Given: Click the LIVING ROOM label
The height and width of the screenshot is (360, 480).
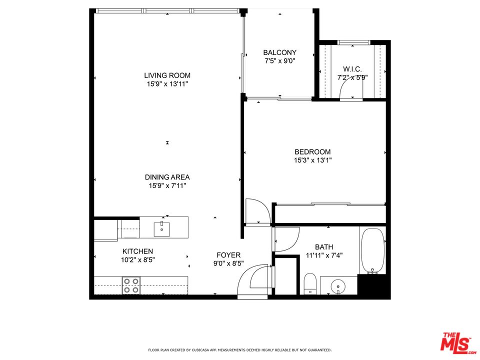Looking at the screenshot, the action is pyautogui.click(x=167, y=75).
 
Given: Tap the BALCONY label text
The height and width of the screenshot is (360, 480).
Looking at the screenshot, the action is pyautogui.click(x=280, y=52).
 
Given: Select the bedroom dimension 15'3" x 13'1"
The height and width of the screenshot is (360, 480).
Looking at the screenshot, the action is pyautogui.click(x=313, y=160).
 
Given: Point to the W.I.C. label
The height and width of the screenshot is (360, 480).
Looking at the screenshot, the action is pyautogui.click(x=352, y=69).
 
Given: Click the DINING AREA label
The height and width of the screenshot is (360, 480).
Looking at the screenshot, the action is pyautogui.click(x=167, y=177).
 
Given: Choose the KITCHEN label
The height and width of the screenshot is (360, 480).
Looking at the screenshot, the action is pyautogui.click(x=138, y=251).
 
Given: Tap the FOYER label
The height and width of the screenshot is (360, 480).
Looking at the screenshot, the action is pyautogui.click(x=228, y=255).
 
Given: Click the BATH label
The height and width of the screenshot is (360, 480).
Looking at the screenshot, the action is pyautogui.click(x=324, y=247).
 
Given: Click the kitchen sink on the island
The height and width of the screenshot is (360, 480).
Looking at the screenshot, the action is pyautogui.click(x=161, y=229).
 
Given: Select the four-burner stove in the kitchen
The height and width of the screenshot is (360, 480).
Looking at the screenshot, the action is pyautogui.click(x=131, y=285).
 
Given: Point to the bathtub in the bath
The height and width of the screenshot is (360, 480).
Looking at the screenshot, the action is pyautogui.click(x=372, y=250).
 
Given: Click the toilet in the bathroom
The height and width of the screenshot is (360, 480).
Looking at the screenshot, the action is pyautogui.click(x=310, y=283).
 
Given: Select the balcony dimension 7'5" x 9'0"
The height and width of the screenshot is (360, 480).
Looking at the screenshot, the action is pyautogui.click(x=280, y=61).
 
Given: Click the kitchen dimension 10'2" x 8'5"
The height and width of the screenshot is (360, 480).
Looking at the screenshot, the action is pyautogui.click(x=138, y=260).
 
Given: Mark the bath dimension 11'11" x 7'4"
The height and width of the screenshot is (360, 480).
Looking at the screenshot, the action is pyautogui.click(x=324, y=255).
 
